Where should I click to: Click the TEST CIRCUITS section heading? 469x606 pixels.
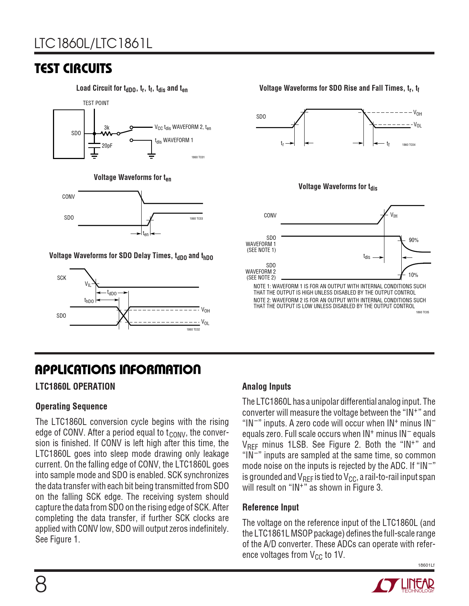point(73,69)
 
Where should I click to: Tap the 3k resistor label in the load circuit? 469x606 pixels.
point(107,128)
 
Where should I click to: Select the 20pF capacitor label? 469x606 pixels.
point(107,146)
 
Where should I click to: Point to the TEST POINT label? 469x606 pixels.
point(96,103)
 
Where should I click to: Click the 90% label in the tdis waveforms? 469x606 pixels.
point(413,240)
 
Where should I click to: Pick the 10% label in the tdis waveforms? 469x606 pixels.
point(413,275)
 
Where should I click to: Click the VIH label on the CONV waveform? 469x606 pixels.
point(394,215)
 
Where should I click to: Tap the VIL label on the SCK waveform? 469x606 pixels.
point(88,284)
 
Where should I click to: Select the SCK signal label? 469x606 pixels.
point(61,278)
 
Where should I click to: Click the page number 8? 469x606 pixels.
point(41,585)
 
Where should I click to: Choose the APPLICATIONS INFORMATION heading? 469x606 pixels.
point(118,369)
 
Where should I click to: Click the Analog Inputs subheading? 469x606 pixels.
point(266,387)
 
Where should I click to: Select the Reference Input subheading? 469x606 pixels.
point(270,508)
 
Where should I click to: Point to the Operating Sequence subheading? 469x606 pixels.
point(71,407)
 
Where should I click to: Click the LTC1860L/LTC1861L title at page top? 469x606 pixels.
point(93,44)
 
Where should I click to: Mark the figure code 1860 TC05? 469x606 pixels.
point(422,313)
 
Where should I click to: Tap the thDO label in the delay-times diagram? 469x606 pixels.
point(89,301)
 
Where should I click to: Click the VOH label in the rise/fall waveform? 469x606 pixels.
point(418,113)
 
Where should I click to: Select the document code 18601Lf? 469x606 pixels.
point(426,565)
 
